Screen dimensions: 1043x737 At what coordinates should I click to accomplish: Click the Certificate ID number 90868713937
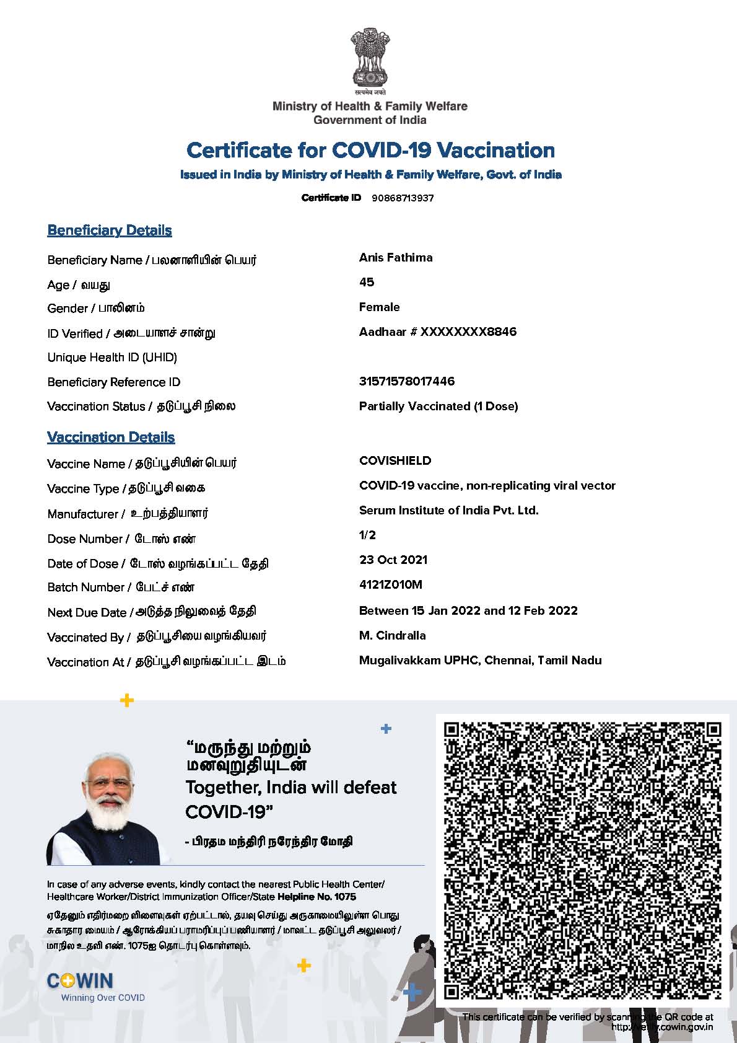(403, 198)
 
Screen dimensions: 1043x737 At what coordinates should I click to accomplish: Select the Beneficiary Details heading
(110, 231)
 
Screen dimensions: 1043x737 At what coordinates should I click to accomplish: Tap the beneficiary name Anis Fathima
(396, 258)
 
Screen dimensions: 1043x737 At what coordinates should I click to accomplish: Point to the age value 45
(367, 283)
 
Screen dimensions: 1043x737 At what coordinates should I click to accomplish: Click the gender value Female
(379, 307)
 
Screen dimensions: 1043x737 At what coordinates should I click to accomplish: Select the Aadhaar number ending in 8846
(437, 332)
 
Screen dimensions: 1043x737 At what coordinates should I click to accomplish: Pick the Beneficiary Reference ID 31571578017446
(406, 382)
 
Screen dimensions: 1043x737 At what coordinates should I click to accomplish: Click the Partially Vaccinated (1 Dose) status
(438, 407)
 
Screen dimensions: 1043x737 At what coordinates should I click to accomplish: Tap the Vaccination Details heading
(111, 438)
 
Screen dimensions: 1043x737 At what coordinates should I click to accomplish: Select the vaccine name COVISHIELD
(395, 461)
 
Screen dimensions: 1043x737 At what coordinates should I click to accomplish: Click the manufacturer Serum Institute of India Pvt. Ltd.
(448, 511)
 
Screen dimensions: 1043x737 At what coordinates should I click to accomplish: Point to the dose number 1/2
(367, 535)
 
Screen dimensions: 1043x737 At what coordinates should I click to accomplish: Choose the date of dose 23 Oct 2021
(393, 560)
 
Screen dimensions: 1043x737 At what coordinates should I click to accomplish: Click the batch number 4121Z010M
(390, 585)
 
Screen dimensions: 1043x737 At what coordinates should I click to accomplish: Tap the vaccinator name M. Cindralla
(392, 636)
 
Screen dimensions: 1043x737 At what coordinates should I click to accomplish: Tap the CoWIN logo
(81, 981)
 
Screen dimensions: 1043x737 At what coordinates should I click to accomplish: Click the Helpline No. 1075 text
(316, 897)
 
